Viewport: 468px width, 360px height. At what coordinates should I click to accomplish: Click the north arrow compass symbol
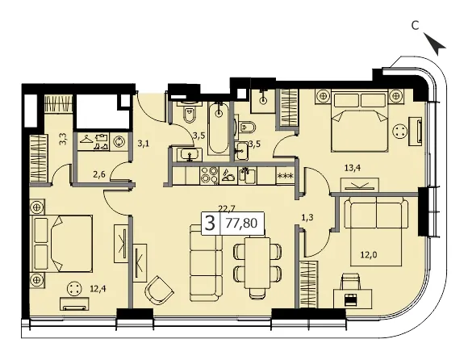(434, 44)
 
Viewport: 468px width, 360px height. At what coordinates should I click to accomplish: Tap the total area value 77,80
(242, 223)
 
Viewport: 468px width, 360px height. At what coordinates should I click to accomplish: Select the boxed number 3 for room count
(210, 223)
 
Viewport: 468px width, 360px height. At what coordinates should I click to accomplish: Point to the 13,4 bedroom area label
(353, 168)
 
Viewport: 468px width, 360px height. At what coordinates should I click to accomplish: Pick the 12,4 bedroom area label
(98, 289)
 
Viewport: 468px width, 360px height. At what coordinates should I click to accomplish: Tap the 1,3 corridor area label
(307, 218)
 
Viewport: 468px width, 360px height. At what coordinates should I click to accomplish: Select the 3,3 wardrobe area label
(63, 139)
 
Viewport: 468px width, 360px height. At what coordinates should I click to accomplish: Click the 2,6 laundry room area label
(98, 174)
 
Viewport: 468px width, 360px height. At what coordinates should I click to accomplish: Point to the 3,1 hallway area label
(144, 144)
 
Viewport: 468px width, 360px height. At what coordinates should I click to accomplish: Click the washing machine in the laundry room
(119, 141)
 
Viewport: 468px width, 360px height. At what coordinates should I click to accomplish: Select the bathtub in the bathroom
(219, 128)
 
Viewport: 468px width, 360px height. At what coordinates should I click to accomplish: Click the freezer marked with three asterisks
(285, 176)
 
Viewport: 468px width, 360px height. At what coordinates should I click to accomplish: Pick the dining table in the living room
(257, 262)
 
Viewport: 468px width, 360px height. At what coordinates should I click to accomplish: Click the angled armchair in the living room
(158, 291)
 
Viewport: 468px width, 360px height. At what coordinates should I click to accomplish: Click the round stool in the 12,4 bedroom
(74, 289)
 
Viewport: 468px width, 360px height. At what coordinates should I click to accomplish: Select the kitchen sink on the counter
(247, 176)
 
